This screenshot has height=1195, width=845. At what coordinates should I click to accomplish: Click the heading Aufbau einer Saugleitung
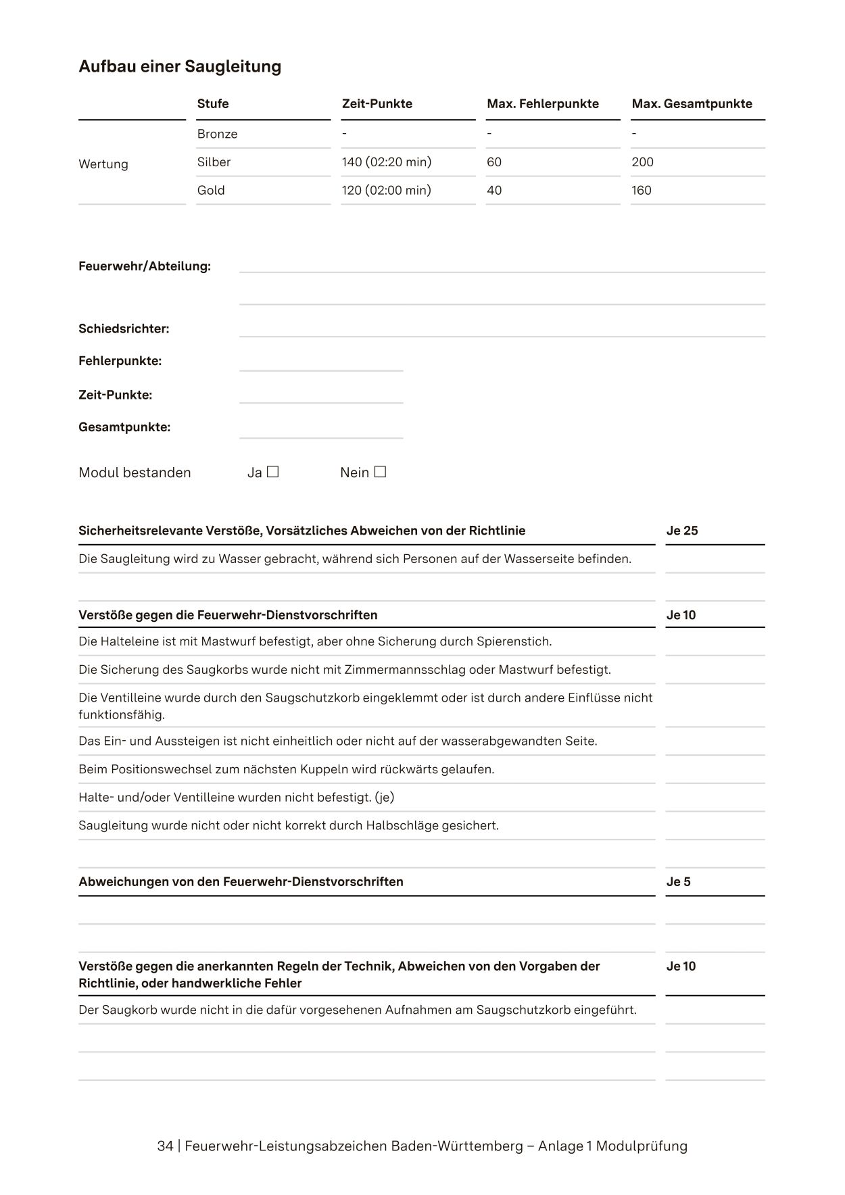[x=180, y=66]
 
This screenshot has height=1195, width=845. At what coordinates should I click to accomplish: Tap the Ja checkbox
[x=272, y=472]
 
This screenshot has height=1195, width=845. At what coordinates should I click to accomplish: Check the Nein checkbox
[x=380, y=472]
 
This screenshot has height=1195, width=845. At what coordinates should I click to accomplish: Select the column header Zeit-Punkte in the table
[x=377, y=103]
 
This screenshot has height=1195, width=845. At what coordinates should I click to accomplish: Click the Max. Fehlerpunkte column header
[x=542, y=103]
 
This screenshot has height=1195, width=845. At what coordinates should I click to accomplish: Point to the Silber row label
[x=214, y=162]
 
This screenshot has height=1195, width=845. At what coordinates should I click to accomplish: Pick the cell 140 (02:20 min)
[x=386, y=162]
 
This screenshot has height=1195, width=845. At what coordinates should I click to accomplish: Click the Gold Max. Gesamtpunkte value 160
[x=641, y=191]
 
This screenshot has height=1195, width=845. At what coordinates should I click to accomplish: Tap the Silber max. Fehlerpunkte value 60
[x=493, y=162]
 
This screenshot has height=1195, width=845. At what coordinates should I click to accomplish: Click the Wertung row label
[x=103, y=164]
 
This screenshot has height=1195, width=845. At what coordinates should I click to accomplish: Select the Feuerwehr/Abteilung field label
[x=145, y=266]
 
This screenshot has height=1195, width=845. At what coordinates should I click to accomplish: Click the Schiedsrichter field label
[x=124, y=329]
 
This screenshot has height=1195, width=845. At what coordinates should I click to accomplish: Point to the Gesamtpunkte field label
[x=124, y=427]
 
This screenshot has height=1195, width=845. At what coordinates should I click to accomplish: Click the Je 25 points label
[x=681, y=531]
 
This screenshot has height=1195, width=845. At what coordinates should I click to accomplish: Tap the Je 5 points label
[x=678, y=881]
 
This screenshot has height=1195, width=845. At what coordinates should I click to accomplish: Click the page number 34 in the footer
[x=164, y=1146]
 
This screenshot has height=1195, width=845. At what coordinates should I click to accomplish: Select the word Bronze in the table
[x=217, y=134]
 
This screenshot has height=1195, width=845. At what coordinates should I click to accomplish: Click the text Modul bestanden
[x=135, y=472]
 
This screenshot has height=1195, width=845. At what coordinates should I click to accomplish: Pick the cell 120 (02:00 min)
[x=386, y=191]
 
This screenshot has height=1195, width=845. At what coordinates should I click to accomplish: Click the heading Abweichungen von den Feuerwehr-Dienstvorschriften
[x=241, y=881]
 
